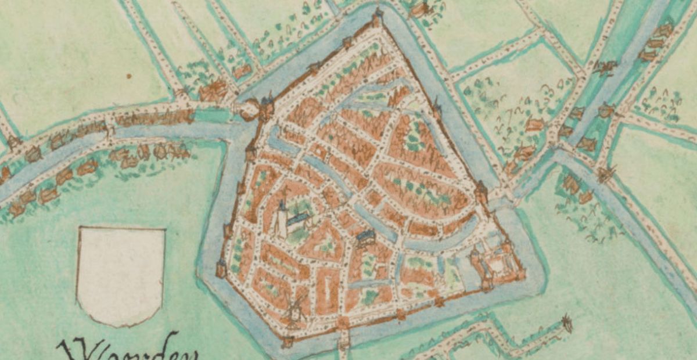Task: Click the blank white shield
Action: pyautogui.click(x=121, y=275)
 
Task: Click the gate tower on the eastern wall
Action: pyautogui.click(x=482, y=192)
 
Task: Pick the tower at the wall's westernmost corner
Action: pyautogui.click(x=221, y=268)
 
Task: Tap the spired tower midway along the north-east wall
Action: pyautogui.click(x=436, y=107)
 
